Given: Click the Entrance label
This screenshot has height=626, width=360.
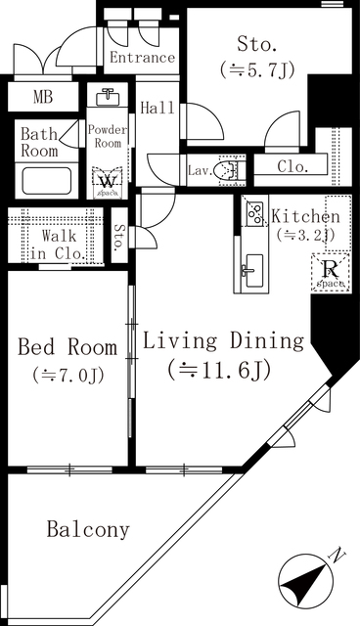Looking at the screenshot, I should tap(142, 58).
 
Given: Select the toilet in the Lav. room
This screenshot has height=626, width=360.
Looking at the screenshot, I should tap(229, 171).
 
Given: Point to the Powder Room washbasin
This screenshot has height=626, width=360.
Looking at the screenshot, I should tap(108, 99).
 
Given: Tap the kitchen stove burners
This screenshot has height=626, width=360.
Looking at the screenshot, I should tap(253, 213).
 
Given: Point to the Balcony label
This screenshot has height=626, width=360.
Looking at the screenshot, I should tap(88, 530).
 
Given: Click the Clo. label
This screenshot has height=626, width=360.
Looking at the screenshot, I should tap(292, 166).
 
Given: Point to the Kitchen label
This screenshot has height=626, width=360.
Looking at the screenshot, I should tap(305, 216).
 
